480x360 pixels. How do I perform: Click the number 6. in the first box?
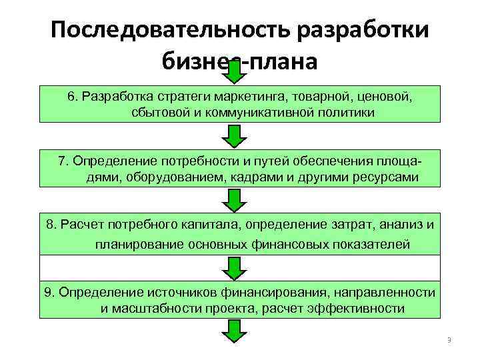click(x=73, y=97)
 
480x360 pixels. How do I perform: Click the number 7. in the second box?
click(x=64, y=161)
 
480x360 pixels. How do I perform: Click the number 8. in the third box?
click(x=53, y=224)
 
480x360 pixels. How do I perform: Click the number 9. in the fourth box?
click(x=50, y=292)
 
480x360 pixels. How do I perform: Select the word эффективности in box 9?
click(x=362, y=308)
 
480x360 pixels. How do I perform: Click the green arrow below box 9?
click(x=234, y=331)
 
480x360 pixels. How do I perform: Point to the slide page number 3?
click(x=449, y=341)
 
